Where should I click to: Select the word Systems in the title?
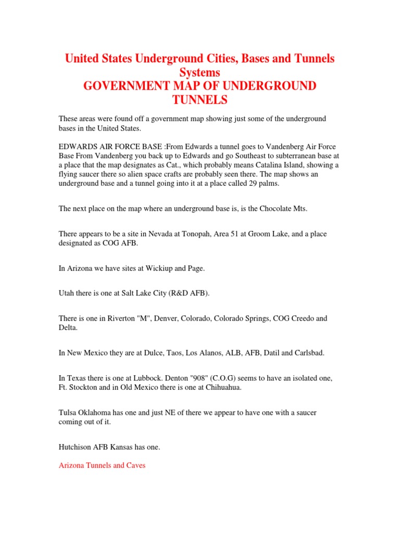pos(199,72)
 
